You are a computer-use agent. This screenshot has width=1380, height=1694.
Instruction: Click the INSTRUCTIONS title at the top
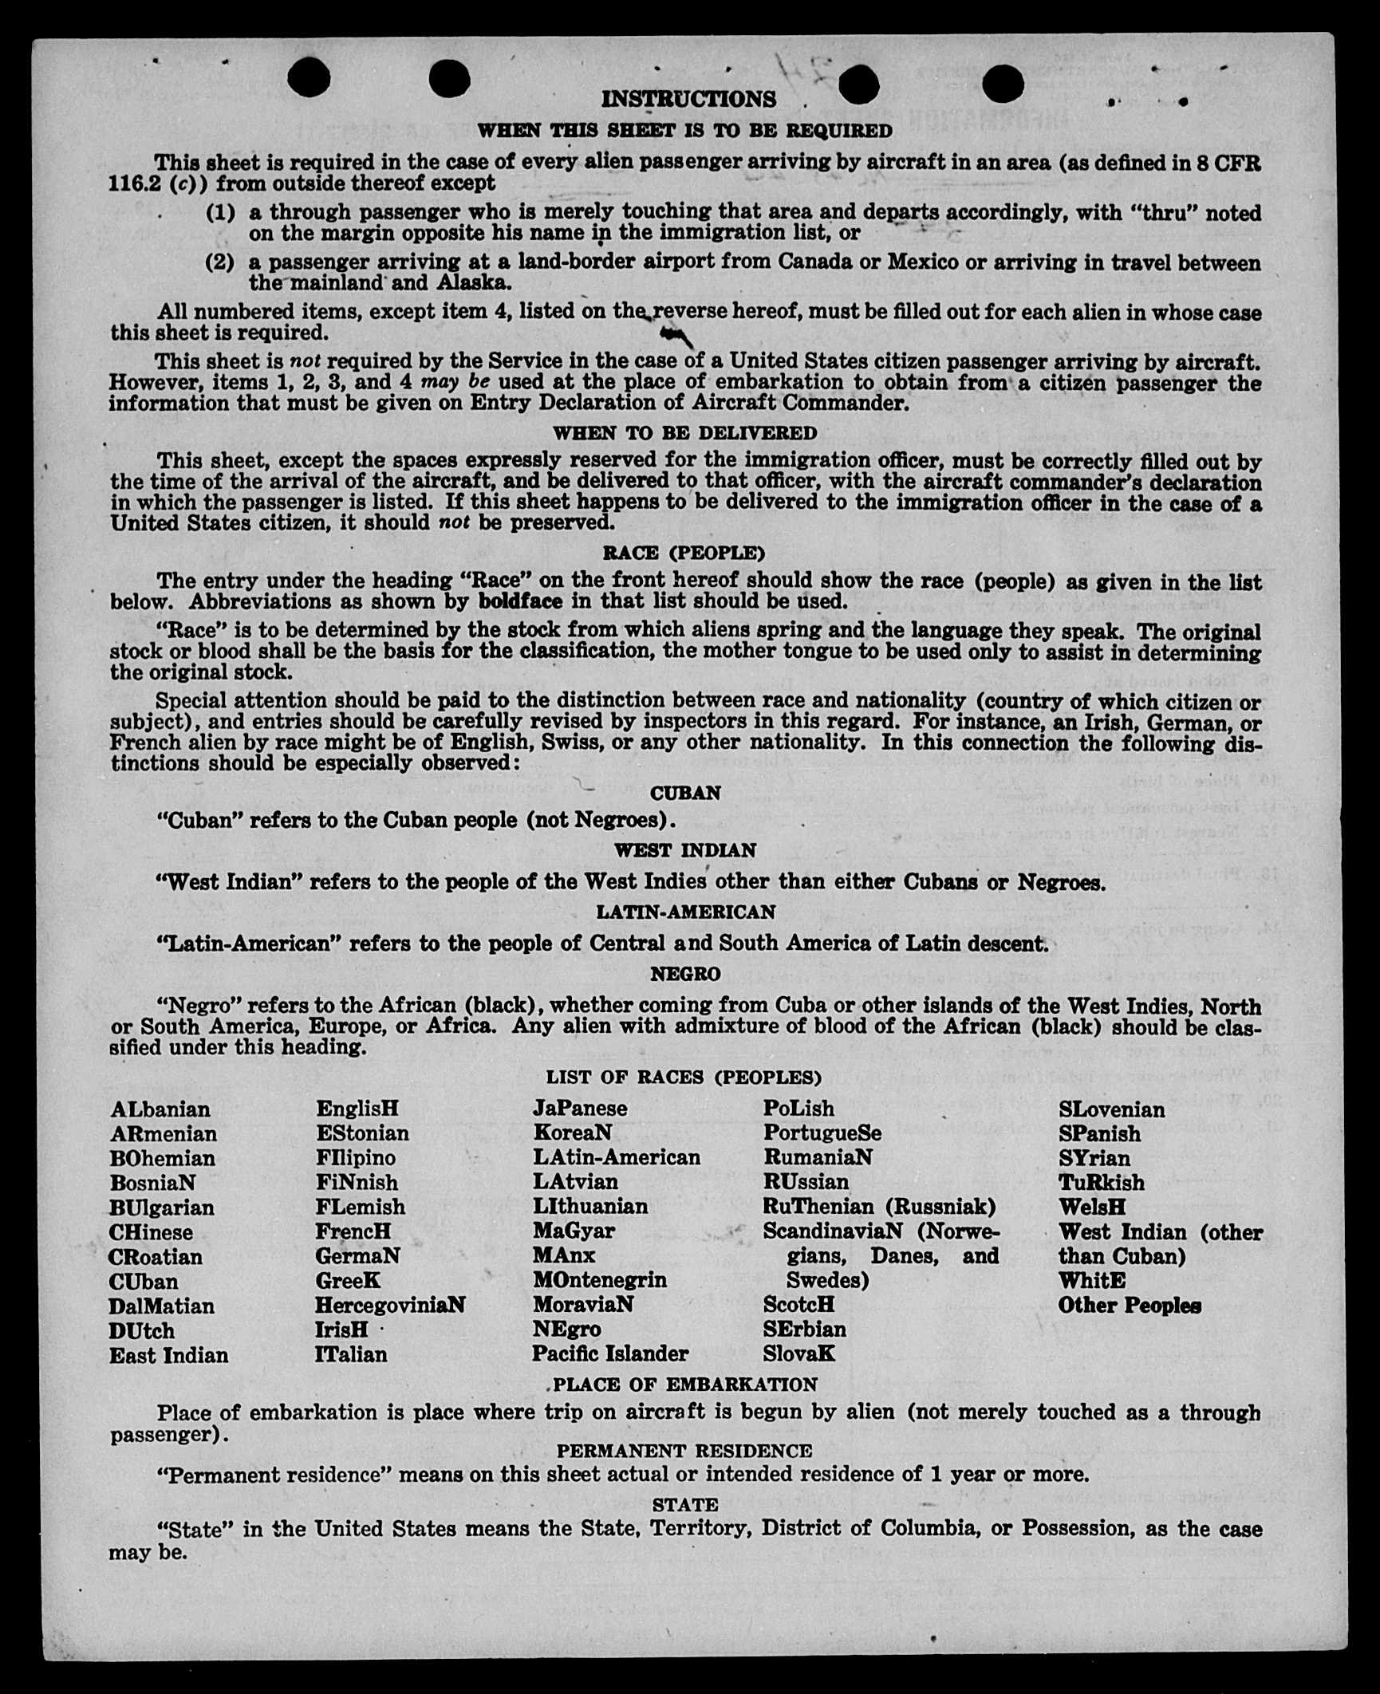coord(688,99)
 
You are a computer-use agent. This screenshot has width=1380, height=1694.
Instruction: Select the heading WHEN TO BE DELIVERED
coord(685,433)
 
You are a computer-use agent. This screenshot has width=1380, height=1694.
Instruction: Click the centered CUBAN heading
coord(685,793)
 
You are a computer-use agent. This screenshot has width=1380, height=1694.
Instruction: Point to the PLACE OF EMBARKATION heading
coord(685,1384)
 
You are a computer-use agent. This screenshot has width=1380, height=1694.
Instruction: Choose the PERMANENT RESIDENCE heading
coord(684,1450)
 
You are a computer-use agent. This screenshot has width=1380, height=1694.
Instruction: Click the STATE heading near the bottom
coord(685,1504)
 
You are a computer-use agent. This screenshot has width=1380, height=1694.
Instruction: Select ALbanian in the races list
coord(160,1109)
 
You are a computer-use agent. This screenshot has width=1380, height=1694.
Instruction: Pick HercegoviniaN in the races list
coord(390,1305)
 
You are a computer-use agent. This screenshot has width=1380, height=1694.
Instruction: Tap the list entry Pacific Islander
coord(610,1353)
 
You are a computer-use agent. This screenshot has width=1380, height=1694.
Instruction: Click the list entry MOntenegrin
coord(600,1280)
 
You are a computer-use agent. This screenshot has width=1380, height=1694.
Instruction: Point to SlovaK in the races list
coord(799,1353)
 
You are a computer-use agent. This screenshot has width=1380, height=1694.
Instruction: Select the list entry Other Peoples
coord(1130,1306)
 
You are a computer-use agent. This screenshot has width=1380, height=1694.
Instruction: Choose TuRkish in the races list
coord(1101,1182)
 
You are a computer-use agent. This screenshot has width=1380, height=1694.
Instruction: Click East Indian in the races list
coord(168,1355)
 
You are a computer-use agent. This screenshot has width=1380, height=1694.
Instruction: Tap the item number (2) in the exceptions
coord(220,262)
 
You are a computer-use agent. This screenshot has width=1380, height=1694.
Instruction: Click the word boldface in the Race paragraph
coord(520,601)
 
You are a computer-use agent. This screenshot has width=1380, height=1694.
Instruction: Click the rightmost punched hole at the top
coord(1003,82)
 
